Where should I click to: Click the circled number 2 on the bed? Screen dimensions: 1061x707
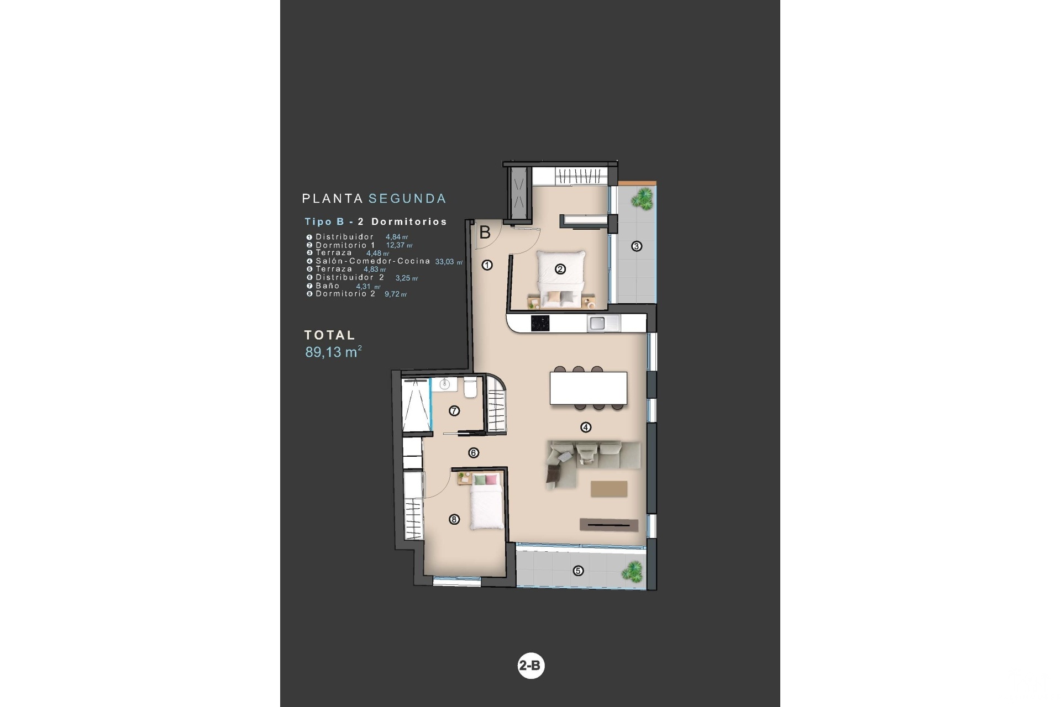click(x=560, y=269)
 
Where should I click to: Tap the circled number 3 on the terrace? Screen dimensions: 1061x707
click(x=637, y=246)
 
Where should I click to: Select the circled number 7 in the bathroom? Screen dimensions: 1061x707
click(x=454, y=410)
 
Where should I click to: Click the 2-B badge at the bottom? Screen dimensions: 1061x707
click(x=530, y=666)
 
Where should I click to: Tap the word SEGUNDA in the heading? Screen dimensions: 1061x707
click(x=407, y=198)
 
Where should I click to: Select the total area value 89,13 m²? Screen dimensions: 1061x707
click(x=333, y=352)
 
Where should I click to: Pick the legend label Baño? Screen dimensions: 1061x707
click(x=328, y=286)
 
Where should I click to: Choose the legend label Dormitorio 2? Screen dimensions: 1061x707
click(x=345, y=294)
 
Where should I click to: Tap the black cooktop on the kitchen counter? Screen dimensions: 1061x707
click(x=541, y=323)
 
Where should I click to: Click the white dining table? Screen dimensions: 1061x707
click(x=589, y=388)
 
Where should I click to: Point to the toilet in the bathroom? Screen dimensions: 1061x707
click(x=471, y=388)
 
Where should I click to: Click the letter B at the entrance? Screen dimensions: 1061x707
click(x=485, y=233)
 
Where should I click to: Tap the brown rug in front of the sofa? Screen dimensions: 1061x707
click(x=609, y=489)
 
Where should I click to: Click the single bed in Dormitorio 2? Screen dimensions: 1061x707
click(x=486, y=502)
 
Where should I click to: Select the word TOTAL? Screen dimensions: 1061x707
click(x=330, y=335)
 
